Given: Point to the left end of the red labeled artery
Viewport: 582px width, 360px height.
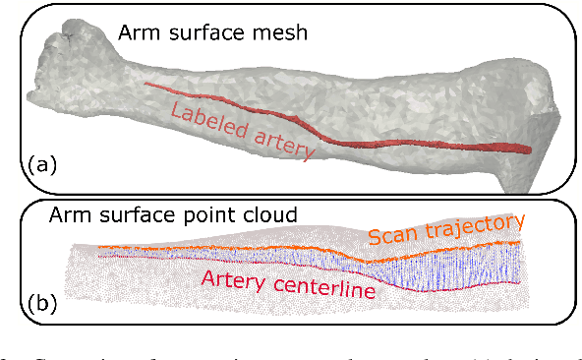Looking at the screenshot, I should pyautogui.click(x=146, y=84).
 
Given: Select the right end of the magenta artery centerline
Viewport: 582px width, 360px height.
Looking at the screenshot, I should pyautogui.click(x=519, y=285).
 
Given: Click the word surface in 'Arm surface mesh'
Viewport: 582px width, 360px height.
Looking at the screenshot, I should pyautogui.click(x=204, y=31).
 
